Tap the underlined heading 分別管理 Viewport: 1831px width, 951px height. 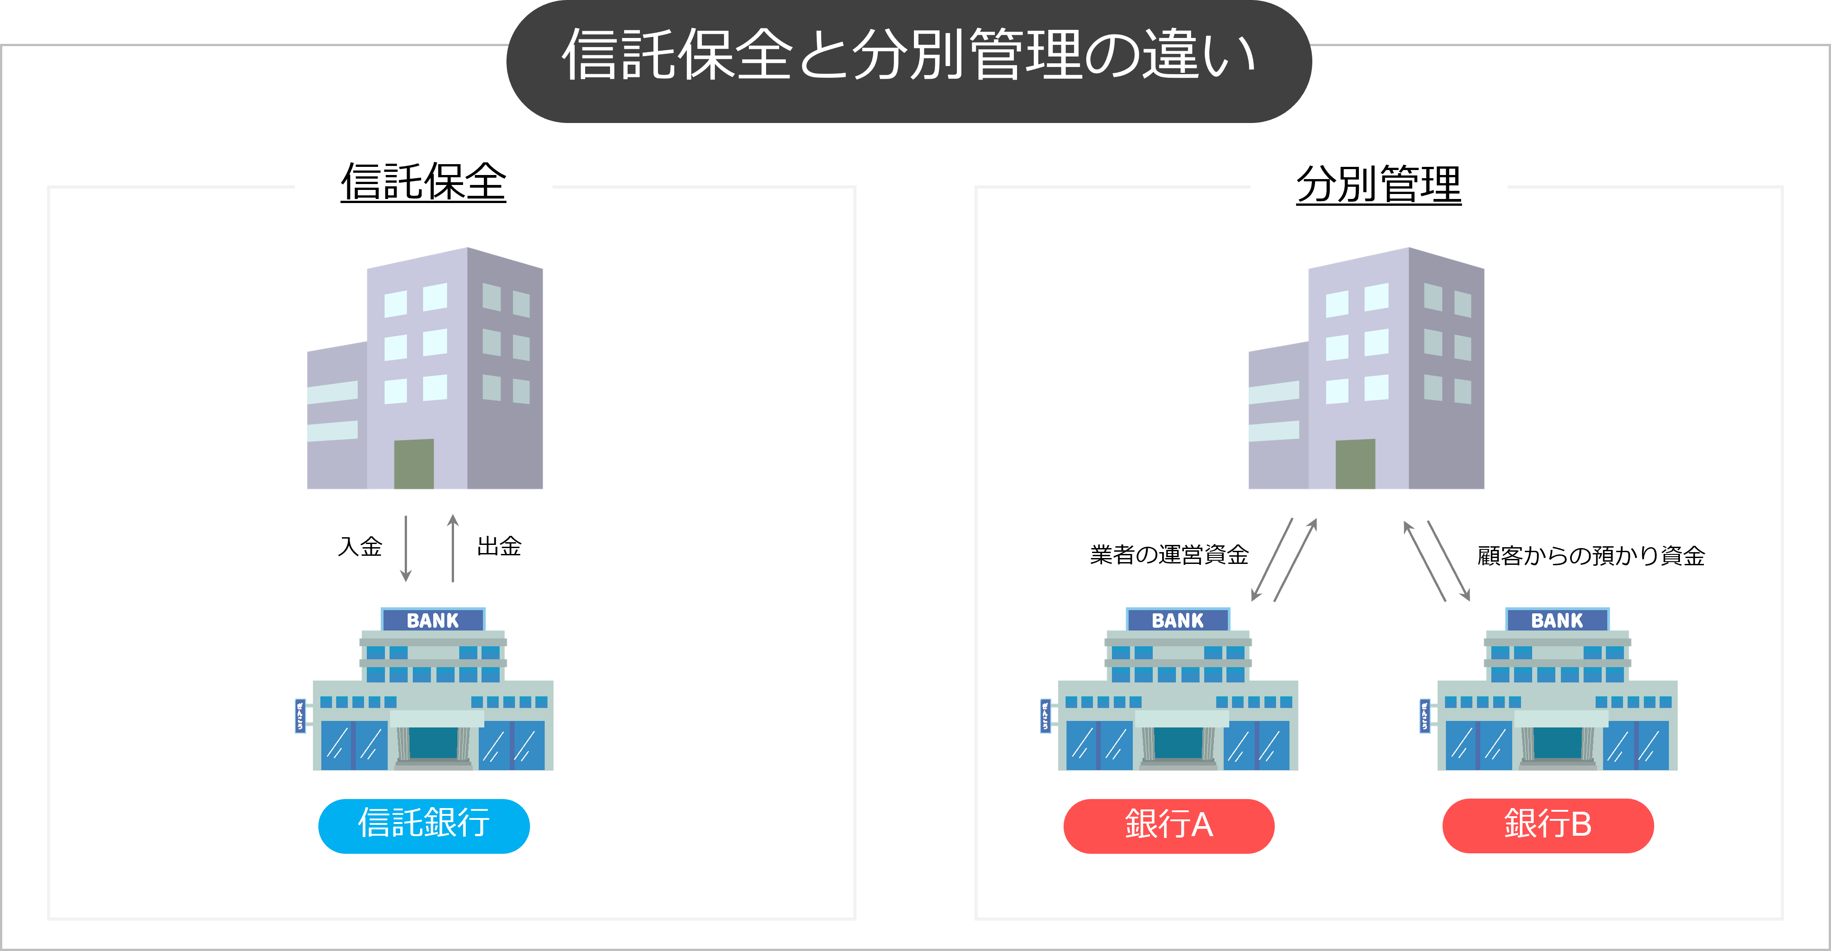click(1378, 184)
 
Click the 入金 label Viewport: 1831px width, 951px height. click(360, 547)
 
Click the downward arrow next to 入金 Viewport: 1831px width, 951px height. click(406, 548)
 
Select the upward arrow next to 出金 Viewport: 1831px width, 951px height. click(453, 548)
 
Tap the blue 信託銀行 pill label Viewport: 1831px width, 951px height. click(424, 825)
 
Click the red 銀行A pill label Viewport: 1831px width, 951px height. click(1169, 825)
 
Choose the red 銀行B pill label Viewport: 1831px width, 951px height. click(1547, 825)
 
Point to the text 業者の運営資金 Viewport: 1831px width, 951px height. click(1169, 554)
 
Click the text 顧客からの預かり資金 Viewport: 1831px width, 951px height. click(1591, 555)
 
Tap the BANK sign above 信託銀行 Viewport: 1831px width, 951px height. click(433, 620)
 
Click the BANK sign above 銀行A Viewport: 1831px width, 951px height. click(1178, 620)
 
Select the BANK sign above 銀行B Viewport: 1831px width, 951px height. click(1557, 620)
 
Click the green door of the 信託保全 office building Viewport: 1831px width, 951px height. click(414, 464)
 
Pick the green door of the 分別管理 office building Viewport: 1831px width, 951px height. click(1355, 464)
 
